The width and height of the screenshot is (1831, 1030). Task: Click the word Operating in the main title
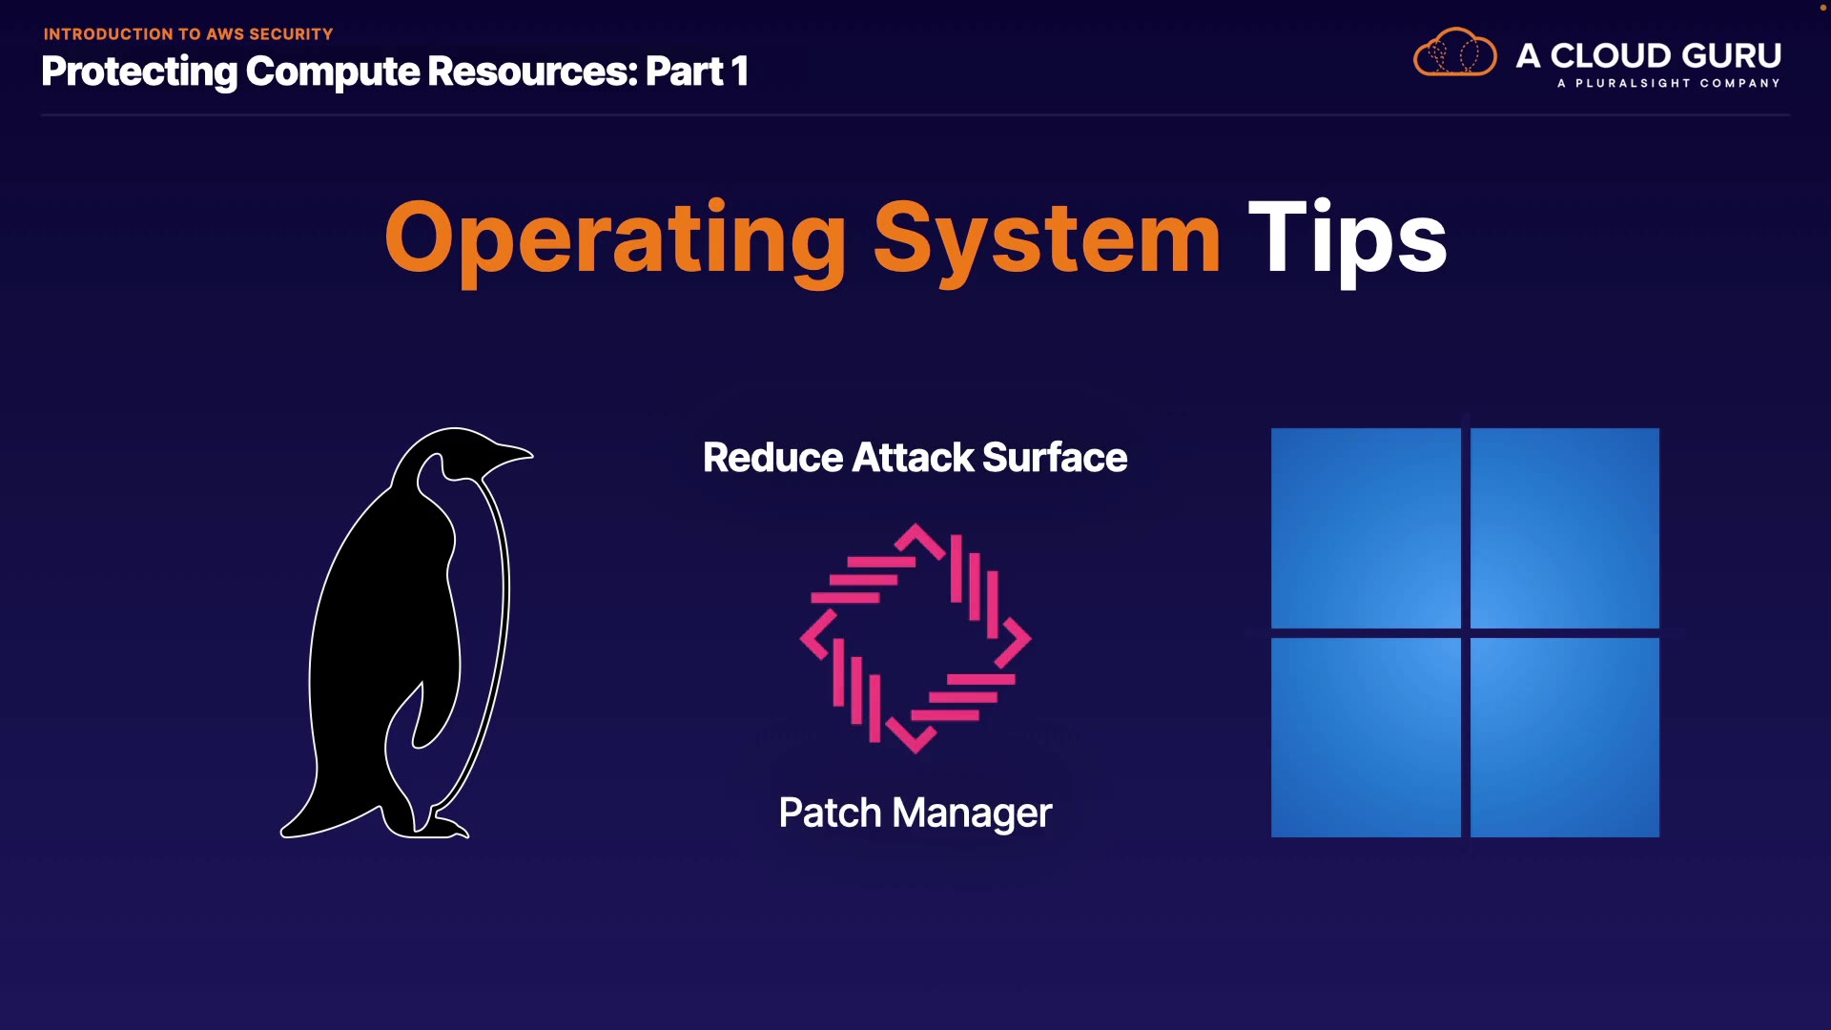click(x=615, y=238)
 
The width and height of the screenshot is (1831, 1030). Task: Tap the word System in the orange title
click(x=1046, y=238)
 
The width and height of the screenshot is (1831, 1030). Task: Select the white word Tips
click(x=1347, y=238)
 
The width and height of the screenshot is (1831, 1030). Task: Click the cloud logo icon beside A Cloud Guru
click(x=1454, y=53)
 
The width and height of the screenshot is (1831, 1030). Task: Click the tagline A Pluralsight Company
click(x=1668, y=84)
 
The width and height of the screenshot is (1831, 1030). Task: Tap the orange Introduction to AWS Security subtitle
click(x=188, y=34)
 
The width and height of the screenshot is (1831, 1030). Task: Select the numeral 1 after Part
click(x=739, y=72)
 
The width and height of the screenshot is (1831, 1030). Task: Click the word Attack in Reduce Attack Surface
click(x=913, y=458)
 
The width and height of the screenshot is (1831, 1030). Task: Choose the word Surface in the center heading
click(x=1055, y=458)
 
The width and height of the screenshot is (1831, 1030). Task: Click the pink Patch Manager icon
click(x=915, y=638)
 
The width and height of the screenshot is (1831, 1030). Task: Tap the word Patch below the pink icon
click(x=830, y=814)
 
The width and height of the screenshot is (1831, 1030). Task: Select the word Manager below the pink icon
click(x=972, y=814)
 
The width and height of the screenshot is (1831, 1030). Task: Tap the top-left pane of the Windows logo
click(x=1366, y=527)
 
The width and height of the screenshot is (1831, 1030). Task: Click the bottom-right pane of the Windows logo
click(x=1565, y=737)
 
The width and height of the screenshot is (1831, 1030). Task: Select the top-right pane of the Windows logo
click(x=1565, y=527)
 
